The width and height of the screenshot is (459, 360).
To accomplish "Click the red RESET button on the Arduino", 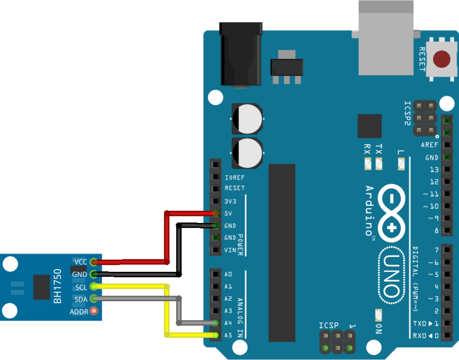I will point(442,59).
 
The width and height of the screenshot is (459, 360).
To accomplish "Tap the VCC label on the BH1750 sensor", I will point(80,261).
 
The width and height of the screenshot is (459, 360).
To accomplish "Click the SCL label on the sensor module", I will point(81,287).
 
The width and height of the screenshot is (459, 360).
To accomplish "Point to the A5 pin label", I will point(228,335).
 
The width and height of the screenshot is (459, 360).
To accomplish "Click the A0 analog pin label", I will point(228,274).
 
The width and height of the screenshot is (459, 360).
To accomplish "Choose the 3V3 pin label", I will point(231,201).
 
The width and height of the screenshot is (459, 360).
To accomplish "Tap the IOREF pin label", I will point(234,178).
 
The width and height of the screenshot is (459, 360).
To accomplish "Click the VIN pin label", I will point(231,250).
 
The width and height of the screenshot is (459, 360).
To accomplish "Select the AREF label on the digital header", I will point(429,145).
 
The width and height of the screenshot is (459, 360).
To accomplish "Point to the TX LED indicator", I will point(379,164).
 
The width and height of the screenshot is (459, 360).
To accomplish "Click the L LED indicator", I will point(401,164).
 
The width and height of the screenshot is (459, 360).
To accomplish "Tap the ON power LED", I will point(379,316).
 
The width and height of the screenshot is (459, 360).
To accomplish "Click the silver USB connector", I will point(386,38).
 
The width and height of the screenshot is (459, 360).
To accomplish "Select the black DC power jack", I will point(241,54).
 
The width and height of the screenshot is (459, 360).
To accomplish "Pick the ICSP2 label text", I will point(408,114).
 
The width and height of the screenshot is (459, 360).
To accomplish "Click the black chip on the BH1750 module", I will point(41,287).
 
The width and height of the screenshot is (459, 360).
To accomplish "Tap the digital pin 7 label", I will point(436,250).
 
